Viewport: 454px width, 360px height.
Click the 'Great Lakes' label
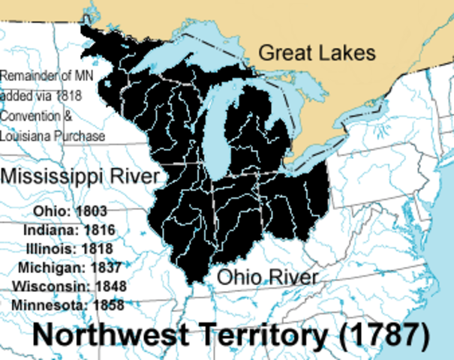316,52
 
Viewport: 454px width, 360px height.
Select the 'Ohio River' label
268,277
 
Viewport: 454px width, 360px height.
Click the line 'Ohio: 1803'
65,211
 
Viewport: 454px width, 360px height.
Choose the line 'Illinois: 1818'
69,248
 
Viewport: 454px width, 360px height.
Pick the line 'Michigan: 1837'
69,268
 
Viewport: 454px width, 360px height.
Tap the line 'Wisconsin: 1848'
69,286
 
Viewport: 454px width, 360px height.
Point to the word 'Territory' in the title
251,334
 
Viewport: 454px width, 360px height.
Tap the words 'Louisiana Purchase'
53,136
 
